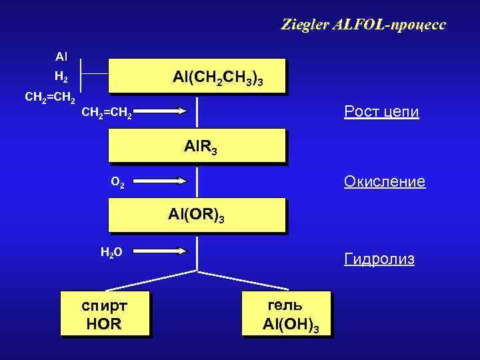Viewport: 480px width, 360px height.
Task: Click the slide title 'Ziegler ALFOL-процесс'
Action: [363, 26]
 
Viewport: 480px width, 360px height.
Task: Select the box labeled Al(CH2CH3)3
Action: [197, 76]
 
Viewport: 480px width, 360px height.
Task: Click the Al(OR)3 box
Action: [197, 215]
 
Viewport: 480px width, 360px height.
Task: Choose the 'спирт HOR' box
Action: [105, 314]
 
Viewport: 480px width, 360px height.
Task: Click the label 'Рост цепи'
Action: [381, 111]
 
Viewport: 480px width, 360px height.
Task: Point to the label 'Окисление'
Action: [384, 181]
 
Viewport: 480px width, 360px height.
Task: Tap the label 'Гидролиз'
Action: [379, 259]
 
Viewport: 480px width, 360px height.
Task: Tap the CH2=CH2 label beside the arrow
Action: [107, 115]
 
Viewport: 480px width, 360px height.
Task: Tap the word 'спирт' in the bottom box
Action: [105, 306]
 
